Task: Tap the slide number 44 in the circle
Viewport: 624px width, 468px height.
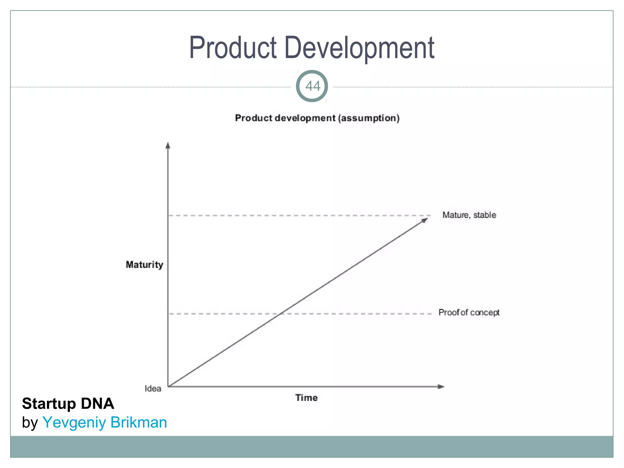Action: point(312,86)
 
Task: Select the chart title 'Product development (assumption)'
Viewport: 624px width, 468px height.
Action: point(317,118)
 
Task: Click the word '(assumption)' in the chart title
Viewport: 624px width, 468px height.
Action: point(369,118)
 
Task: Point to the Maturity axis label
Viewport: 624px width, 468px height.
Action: point(144,264)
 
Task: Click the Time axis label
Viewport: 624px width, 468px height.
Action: point(306,398)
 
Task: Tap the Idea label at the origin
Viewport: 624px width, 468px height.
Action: point(153,388)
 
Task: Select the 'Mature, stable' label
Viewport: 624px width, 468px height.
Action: point(469,215)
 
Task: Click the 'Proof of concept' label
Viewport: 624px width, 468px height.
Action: point(469,313)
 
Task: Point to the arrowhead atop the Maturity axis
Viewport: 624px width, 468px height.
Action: point(168,145)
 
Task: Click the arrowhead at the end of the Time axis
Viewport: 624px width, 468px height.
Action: point(441,387)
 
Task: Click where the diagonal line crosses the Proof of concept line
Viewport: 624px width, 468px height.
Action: point(282,314)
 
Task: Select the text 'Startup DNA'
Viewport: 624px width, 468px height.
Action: point(68,403)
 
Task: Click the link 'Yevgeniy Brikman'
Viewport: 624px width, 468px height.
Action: point(105,423)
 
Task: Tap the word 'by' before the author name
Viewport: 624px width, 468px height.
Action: point(30,423)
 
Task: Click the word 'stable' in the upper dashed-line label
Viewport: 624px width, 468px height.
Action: point(484,215)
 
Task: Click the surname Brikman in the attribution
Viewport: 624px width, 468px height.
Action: point(139,423)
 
